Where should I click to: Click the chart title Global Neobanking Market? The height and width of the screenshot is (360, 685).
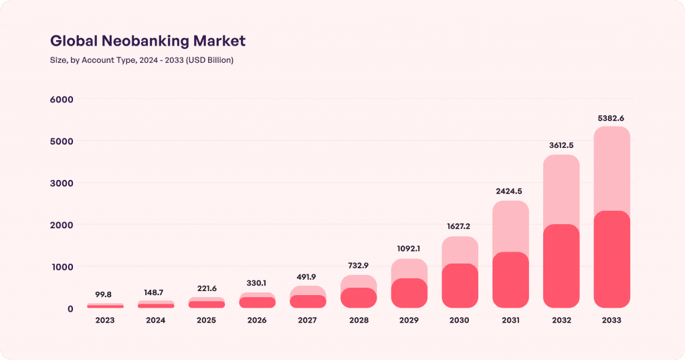(x=148, y=41)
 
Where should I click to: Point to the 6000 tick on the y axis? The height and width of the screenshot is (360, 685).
(x=61, y=99)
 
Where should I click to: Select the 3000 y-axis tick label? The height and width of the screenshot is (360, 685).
(x=61, y=183)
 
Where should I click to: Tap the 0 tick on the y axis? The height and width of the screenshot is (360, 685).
(x=70, y=308)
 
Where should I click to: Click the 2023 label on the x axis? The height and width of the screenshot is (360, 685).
(x=105, y=321)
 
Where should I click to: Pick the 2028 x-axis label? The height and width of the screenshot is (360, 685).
(x=359, y=321)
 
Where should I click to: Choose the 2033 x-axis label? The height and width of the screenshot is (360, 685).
(x=611, y=321)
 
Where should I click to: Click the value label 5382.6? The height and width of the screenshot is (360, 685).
(x=611, y=118)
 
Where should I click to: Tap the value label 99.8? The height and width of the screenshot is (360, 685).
(x=105, y=294)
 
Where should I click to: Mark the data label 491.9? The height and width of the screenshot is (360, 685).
(x=308, y=277)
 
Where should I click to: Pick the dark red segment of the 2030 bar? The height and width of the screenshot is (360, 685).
(x=460, y=286)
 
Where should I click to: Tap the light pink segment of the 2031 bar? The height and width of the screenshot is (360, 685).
(x=511, y=226)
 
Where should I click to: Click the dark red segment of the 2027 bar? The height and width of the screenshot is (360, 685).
(x=308, y=302)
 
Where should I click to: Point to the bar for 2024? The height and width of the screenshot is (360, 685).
(x=156, y=304)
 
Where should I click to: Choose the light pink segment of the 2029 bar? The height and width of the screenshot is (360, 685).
(x=409, y=268)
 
